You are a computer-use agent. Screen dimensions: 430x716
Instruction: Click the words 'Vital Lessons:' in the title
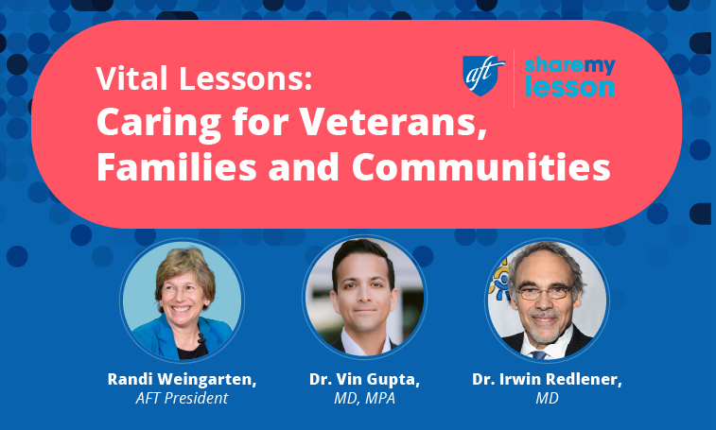[x=203, y=79]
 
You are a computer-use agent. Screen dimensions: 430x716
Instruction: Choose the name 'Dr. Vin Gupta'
[x=364, y=379]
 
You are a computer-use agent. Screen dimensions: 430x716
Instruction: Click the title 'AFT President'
[x=182, y=398]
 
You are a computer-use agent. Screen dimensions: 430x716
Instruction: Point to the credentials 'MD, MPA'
[x=364, y=398]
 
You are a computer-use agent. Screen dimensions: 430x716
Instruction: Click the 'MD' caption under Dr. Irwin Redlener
[x=546, y=398]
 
